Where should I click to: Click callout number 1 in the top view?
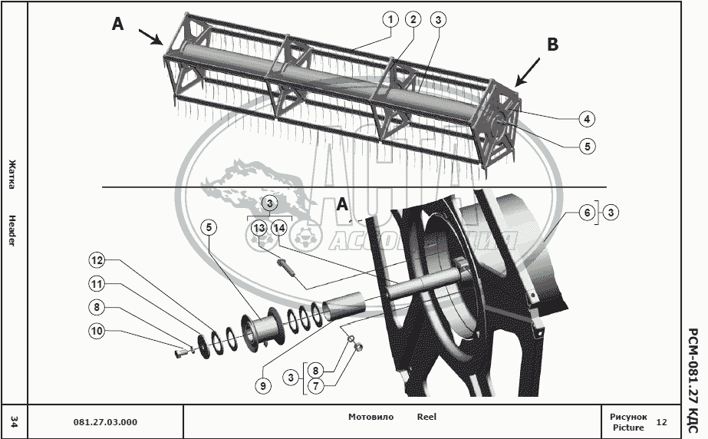pyautogui.click(x=390, y=20)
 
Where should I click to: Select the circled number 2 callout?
pyautogui.click(x=413, y=20)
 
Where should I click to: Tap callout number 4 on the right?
pyautogui.click(x=586, y=119)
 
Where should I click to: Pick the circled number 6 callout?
pyautogui.click(x=586, y=213)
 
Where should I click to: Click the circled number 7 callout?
pyautogui.click(x=314, y=387)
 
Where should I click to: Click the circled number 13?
pyautogui.click(x=259, y=228)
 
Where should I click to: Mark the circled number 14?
pyautogui.click(x=278, y=228)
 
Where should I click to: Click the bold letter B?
pyautogui.click(x=552, y=45)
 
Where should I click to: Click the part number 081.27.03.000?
pyautogui.click(x=105, y=422)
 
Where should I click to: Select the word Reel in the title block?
pyautogui.click(x=426, y=417)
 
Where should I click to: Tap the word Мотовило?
pyautogui.click(x=370, y=417)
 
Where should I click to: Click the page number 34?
pyautogui.click(x=14, y=421)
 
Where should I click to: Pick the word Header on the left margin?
pyautogui.click(x=12, y=230)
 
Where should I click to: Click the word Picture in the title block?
pyautogui.click(x=628, y=427)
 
